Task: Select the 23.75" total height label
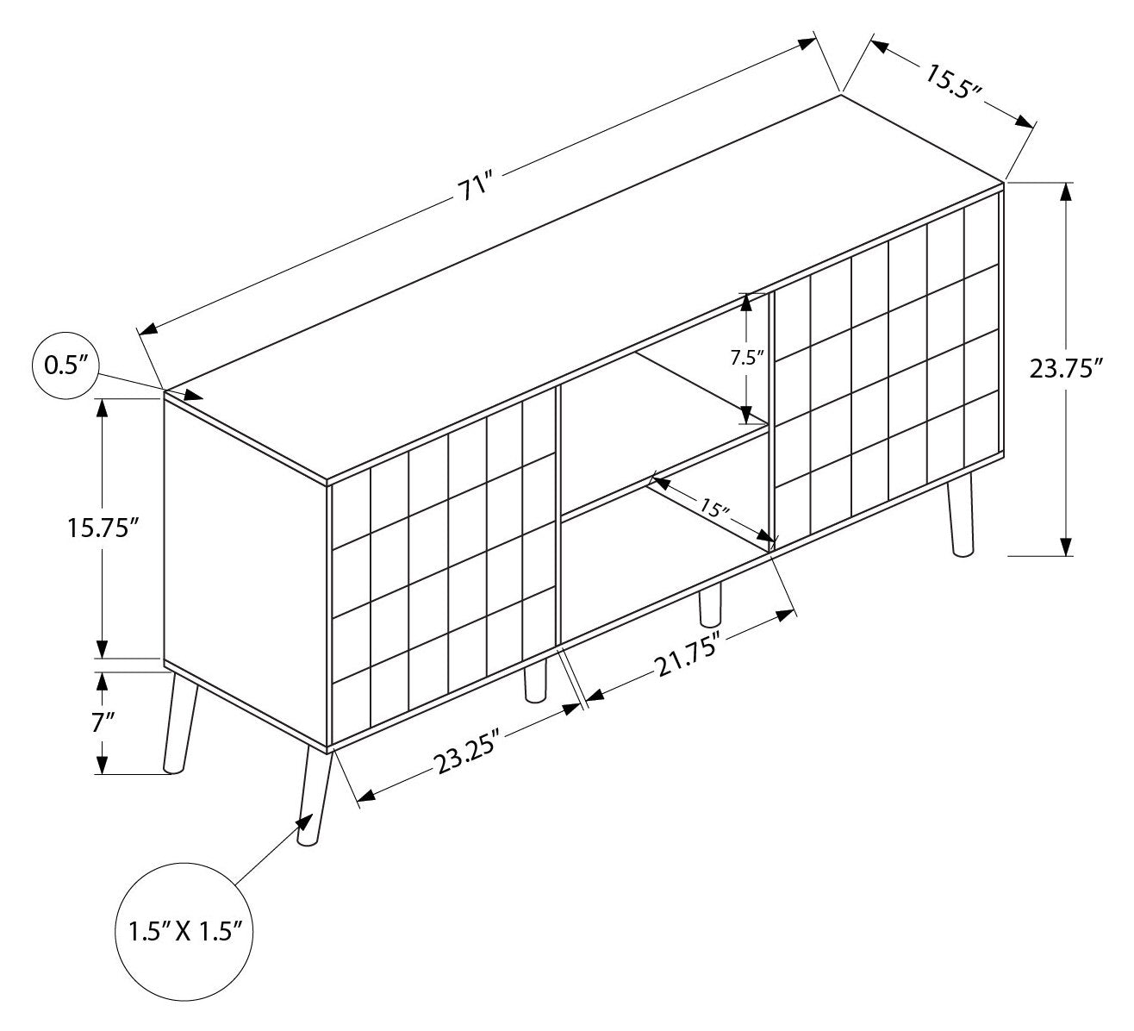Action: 1066,369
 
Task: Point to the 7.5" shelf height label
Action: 747,358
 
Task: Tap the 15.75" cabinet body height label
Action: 103,528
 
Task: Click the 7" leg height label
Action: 103,722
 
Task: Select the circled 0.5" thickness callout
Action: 66,366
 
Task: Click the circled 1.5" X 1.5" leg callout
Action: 184,932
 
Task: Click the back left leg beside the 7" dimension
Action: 180,722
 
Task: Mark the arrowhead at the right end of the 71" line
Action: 807,44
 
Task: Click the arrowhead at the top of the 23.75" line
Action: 1066,192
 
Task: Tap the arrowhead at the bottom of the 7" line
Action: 102,764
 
